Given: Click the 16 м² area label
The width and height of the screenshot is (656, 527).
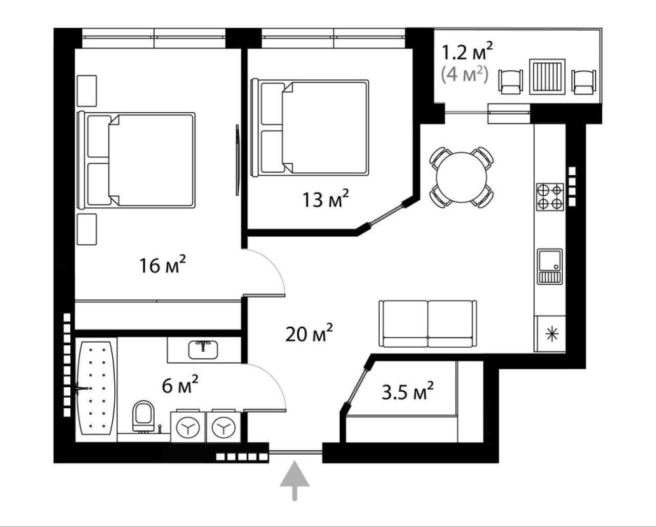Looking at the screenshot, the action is click(162, 264).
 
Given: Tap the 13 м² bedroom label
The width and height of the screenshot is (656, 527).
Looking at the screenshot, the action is click(325, 199).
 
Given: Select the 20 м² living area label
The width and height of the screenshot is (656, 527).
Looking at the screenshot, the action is click(309, 333).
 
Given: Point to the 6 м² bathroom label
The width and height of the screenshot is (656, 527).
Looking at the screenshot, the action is click(180, 385).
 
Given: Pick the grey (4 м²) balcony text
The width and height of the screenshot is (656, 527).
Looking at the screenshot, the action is click(465, 75).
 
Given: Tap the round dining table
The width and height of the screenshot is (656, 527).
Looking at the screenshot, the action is click(462, 177).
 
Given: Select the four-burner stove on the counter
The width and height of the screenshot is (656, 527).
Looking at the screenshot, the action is click(550, 197).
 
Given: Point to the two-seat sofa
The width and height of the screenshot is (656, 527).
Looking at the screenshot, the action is click(428, 324).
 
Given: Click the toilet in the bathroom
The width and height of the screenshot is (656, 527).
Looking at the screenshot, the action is click(143, 416).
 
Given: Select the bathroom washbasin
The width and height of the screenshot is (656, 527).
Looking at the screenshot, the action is click(203, 350).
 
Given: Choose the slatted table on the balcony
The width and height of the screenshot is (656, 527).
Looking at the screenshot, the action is click(547, 77).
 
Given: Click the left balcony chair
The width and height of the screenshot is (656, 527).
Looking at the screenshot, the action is click(511, 81).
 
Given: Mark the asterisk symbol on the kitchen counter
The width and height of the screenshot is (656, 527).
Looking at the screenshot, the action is click(552, 333).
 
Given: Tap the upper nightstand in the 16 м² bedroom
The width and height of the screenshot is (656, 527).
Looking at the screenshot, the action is click(87, 91).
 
